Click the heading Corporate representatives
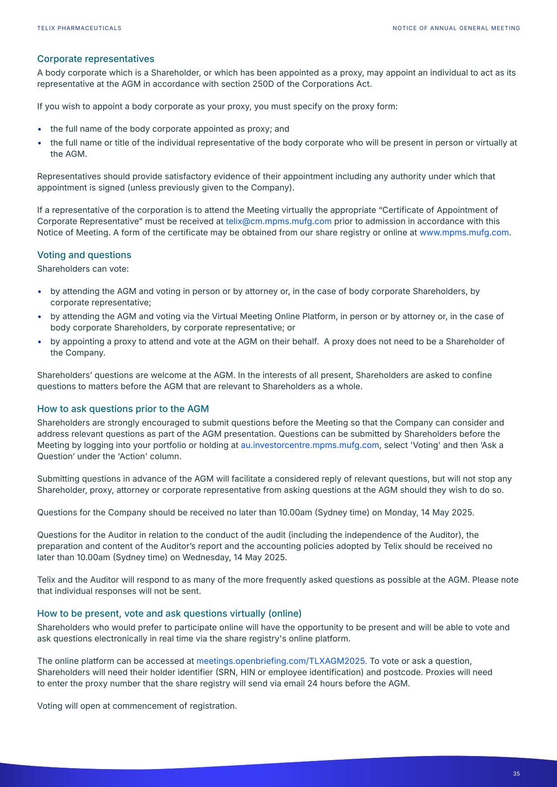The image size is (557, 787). tap(95, 59)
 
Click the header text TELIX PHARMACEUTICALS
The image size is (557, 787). tap(79, 28)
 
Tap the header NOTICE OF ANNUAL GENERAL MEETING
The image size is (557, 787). tap(456, 28)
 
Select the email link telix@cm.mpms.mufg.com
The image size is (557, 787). tap(278, 221)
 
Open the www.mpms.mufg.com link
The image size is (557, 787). tap(464, 233)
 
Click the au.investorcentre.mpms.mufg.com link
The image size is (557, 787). tap(309, 445)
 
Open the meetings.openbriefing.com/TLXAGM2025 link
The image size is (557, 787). tap(281, 661)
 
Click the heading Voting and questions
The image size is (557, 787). tap(84, 255)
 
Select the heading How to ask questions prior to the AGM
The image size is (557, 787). tap(123, 409)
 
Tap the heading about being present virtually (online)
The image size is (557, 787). tap(169, 614)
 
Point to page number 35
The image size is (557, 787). tap(516, 774)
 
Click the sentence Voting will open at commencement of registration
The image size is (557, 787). tap(137, 706)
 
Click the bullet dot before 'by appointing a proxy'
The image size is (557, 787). tap(40, 342)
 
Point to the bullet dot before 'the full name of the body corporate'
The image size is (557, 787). tap(40, 129)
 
